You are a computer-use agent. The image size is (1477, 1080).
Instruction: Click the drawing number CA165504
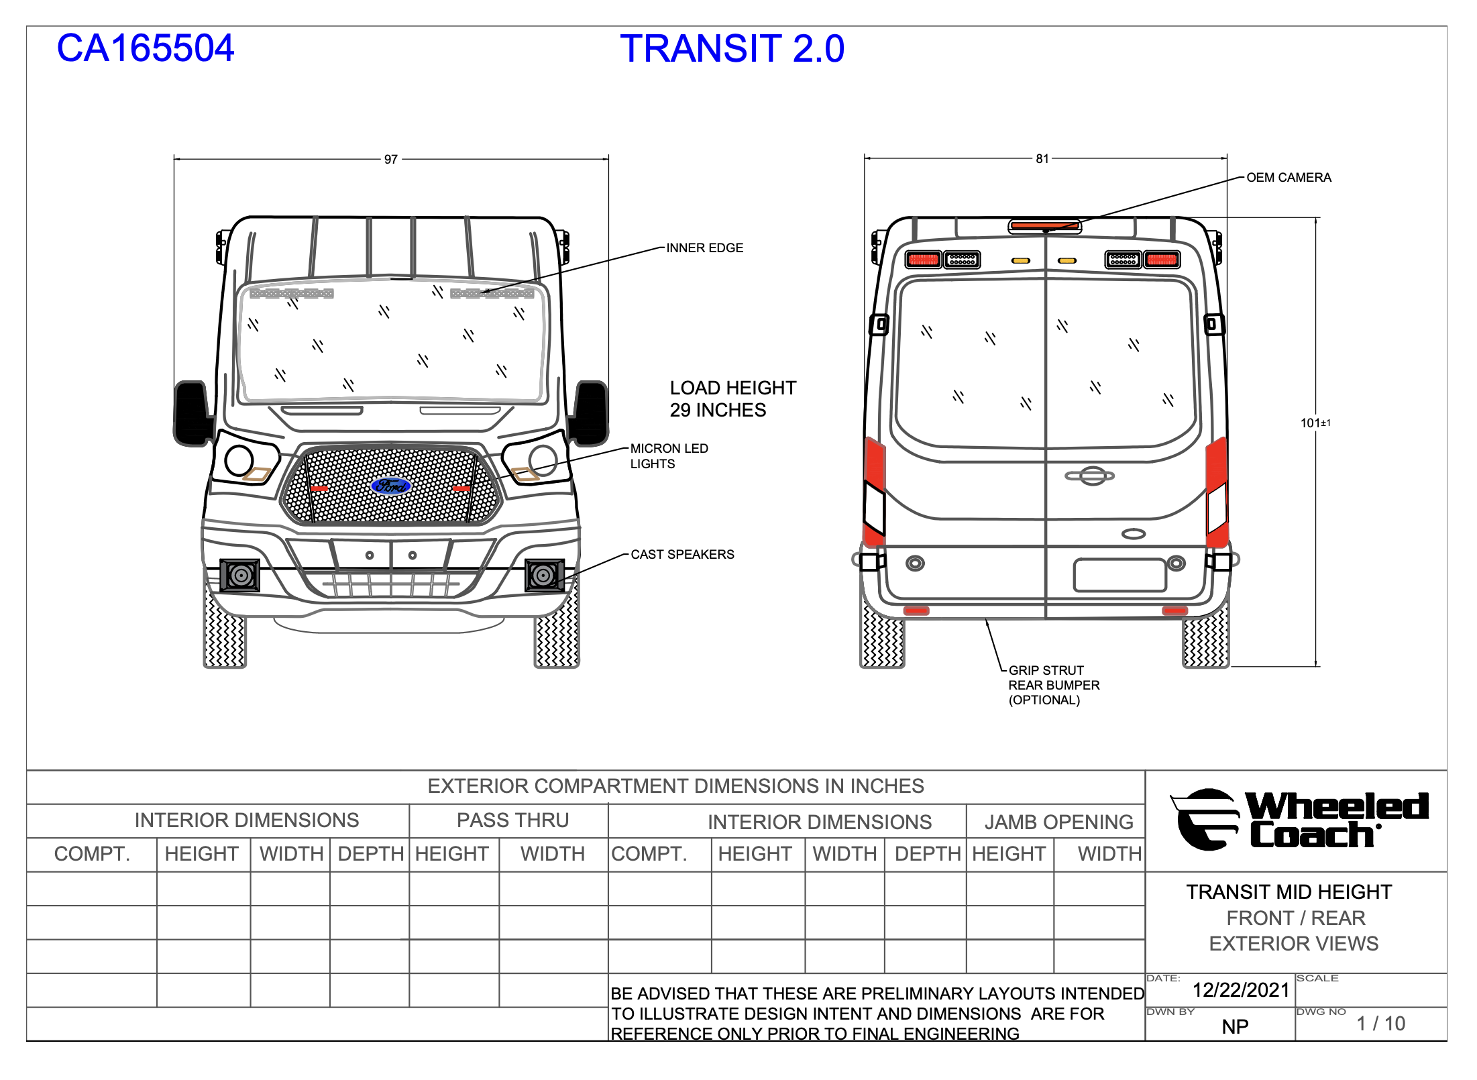click(x=146, y=48)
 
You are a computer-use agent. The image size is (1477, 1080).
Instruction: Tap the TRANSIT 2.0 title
click(x=732, y=48)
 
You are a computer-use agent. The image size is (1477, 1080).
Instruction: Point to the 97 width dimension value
click(x=391, y=160)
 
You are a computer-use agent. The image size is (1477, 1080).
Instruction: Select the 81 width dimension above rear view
click(x=1042, y=159)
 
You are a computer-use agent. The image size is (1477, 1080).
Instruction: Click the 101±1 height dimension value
click(x=1315, y=423)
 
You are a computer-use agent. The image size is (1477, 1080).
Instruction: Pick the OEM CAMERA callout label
click(x=1289, y=178)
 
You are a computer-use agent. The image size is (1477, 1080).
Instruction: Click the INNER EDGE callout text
click(x=705, y=248)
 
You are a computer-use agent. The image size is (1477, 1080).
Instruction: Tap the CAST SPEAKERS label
click(x=683, y=555)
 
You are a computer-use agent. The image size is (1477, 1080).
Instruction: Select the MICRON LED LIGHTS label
click(x=669, y=456)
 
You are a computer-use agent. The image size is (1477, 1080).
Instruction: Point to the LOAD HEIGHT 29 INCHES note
click(x=733, y=399)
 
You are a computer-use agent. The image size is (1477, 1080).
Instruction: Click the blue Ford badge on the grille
click(x=391, y=486)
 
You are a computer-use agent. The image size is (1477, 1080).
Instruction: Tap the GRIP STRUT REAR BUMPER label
click(x=1054, y=685)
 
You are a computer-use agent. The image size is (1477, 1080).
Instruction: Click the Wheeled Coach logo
click(x=1299, y=820)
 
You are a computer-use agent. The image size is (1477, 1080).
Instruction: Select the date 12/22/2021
click(x=1241, y=990)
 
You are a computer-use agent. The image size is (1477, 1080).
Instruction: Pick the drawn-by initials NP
click(x=1235, y=1027)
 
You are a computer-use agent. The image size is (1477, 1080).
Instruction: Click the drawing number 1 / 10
click(x=1380, y=1024)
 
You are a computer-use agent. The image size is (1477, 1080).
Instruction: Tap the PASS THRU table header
click(x=513, y=820)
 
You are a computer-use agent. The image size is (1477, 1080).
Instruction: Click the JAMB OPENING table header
click(x=1058, y=822)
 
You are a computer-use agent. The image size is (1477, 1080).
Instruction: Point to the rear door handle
click(x=1090, y=476)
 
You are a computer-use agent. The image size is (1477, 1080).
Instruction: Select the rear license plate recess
click(x=1120, y=575)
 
